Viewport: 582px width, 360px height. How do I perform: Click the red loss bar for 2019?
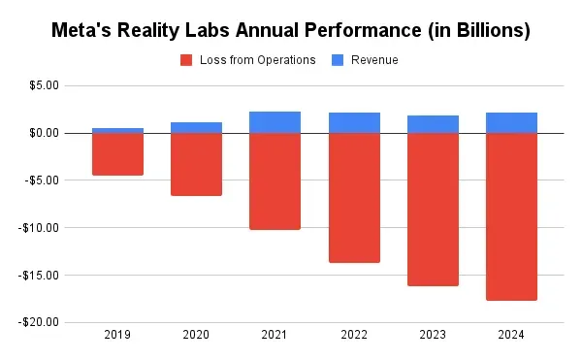117,153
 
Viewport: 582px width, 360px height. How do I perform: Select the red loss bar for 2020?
196,164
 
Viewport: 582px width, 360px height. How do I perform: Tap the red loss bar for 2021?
275,180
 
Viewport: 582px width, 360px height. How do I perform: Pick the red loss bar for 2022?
354,197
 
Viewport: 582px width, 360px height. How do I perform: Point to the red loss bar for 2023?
433,209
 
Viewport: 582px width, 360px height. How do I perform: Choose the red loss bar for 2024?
511,216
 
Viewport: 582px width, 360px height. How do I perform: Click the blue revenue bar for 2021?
275,122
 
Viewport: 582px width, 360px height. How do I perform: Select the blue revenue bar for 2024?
511,122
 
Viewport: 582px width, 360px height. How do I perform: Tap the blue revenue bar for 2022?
354,122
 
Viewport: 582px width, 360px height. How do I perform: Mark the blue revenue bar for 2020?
196,127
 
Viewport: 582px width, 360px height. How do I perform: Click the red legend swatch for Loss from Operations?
187,60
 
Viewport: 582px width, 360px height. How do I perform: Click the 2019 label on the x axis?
117,335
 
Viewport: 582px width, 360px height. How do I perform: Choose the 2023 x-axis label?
433,335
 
